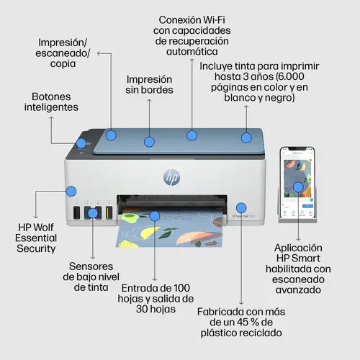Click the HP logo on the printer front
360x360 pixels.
pyautogui.click(x=172, y=176)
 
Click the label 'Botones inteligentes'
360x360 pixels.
pyautogui.click(x=55, y=101)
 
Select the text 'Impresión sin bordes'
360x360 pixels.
pyautogui.click(x=150, y=85)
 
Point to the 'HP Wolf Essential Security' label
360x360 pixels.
pyautogui.click(x=36, y=237)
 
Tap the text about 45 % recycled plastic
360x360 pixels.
pyautogui.click(x=241, y=323)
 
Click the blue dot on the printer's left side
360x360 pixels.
pyautogui.click(x=71, y=192)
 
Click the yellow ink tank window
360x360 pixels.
pyautogui.click(x=109, y=214)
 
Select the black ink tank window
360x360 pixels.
pyautogui.click(x=76, y=214)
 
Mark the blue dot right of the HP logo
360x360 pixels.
pyautogui.click(x=241, y=206)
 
